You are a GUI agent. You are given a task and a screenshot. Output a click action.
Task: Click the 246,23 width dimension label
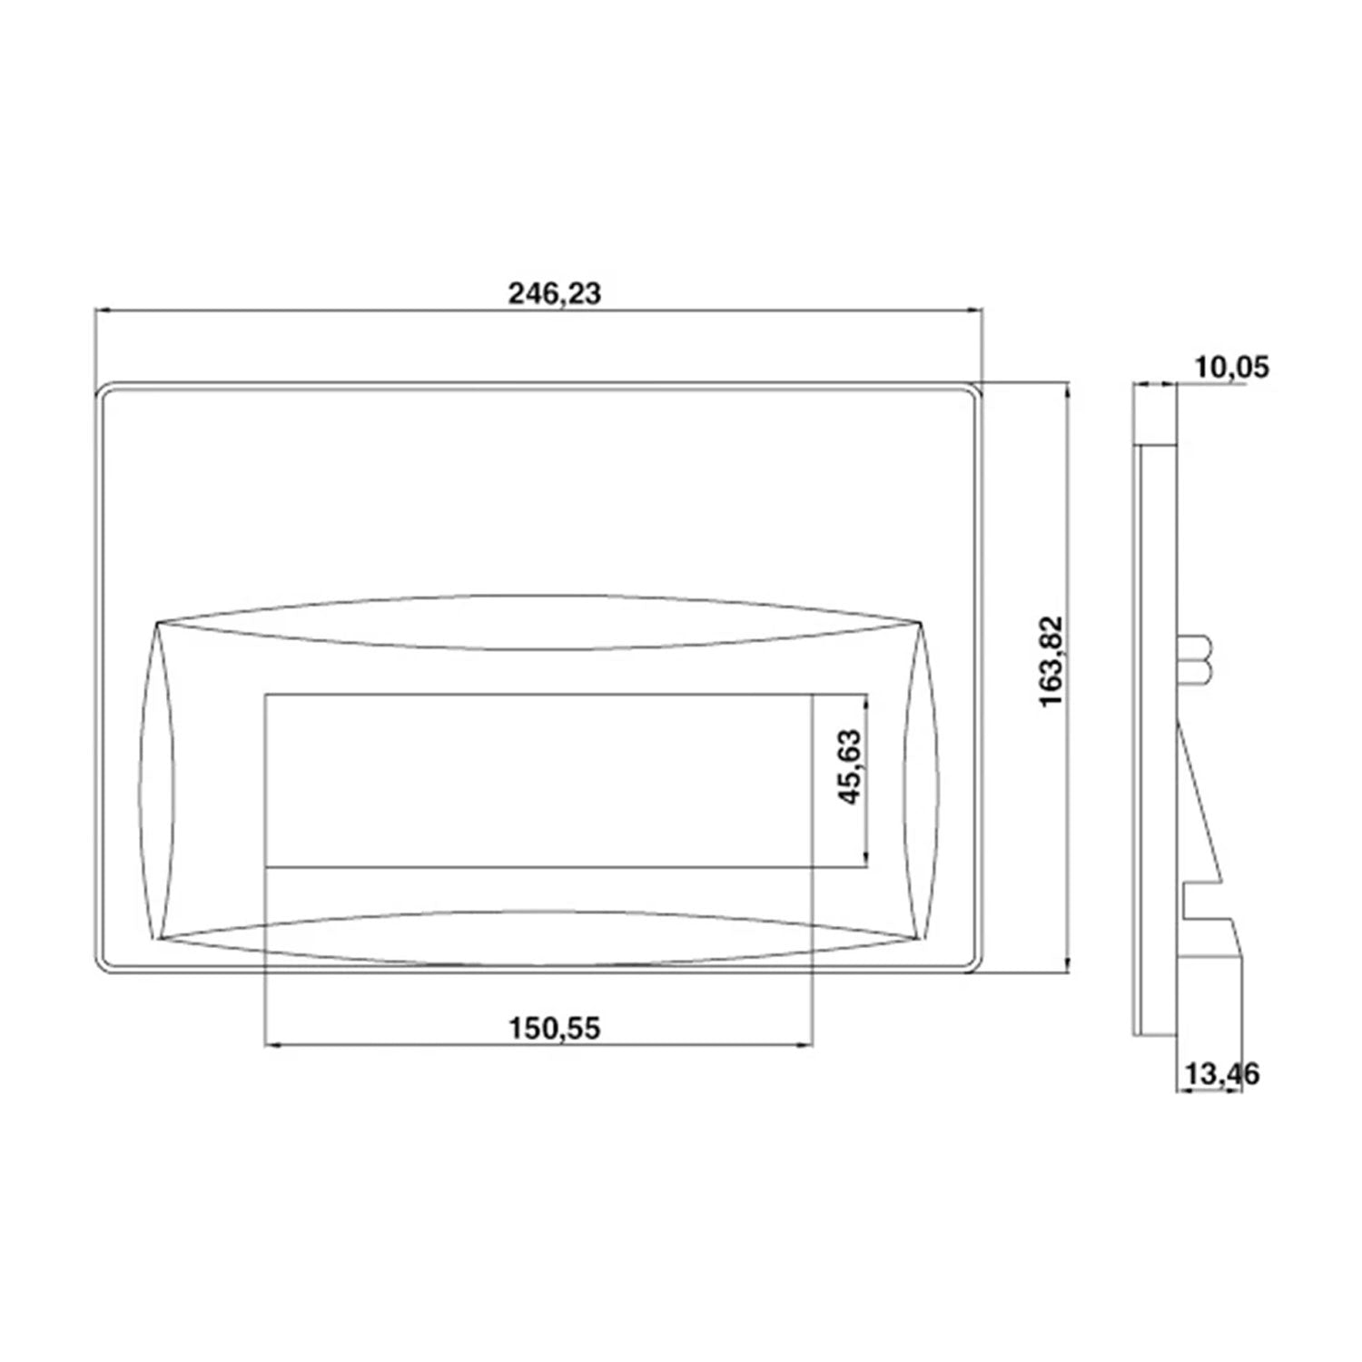554,293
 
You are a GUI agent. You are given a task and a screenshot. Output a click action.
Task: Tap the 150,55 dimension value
554,1028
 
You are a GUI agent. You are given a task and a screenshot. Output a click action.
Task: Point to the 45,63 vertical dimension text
851,768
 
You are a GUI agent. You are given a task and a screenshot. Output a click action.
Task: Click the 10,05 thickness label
1233,368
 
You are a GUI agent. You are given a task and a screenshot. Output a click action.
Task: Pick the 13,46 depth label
1221,1074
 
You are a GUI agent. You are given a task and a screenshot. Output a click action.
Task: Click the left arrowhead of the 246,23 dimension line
102,311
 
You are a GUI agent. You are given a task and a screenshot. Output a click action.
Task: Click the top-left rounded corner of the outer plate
102,389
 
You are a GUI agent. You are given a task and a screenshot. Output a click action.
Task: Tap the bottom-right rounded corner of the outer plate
975,966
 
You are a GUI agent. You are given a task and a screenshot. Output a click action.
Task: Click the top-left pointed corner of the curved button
157,623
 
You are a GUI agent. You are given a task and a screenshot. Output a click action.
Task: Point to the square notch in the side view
1199,903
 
